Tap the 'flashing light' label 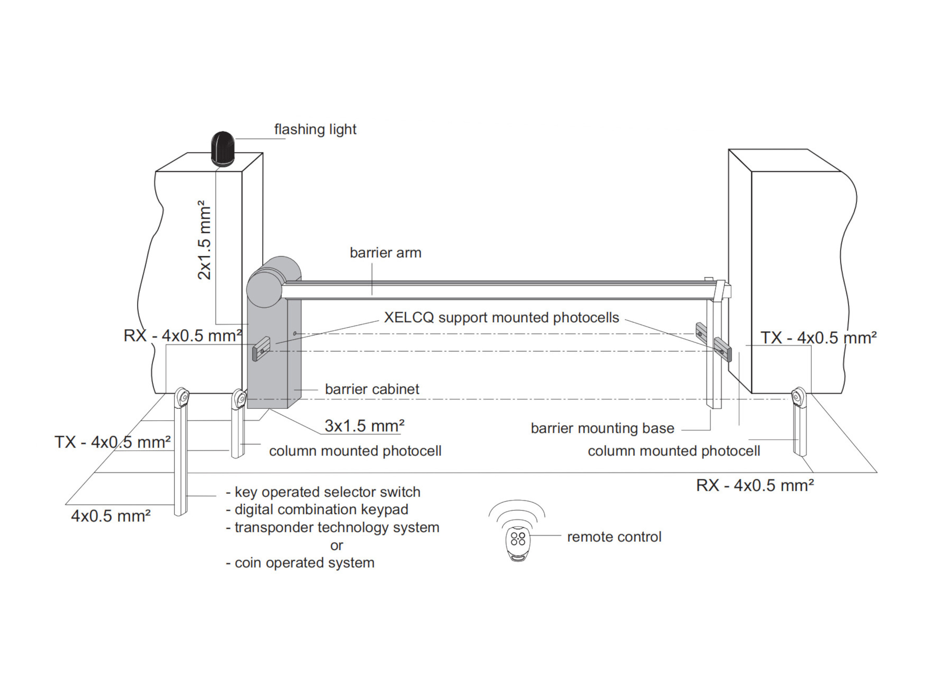pyautogui.click(x=315, y=129)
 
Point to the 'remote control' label pyautogui.click(x=614, y=537)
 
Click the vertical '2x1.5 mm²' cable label pyautogui.click(x=204, y=240)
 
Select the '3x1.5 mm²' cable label pyautogui.click(x=364, y=426)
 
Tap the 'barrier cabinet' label pyautogui.click(x=372, y=389)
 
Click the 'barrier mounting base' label pyautogui.click(x=602, y=428)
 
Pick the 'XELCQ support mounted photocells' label pyautogui.click(x=501, y=318)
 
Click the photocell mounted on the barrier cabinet pyautogui.click(x=261, y=349)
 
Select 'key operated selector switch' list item pyautogui.click(x=323, y=492)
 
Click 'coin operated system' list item pyautogui.click(x=300, y=563)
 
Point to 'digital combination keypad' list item pyautogui.click(x=317, y=509)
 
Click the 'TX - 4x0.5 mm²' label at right pyautogui.click(x=818, y=338)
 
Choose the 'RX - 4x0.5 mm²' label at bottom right pyautogui.click(x=755, y=485)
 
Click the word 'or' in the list pyautogui.click(x=336, y=545)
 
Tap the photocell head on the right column pyautogui.click(x=798, y=396)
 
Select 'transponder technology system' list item pyautogui.click(x=333, y=527)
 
